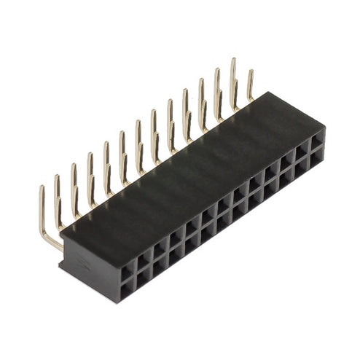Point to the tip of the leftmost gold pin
tap(42, 189)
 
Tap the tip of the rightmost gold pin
tap(251, 72)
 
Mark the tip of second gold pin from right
tap(233, 60)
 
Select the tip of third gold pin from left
tap(74, 165)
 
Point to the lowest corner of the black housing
tap(117, 302)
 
